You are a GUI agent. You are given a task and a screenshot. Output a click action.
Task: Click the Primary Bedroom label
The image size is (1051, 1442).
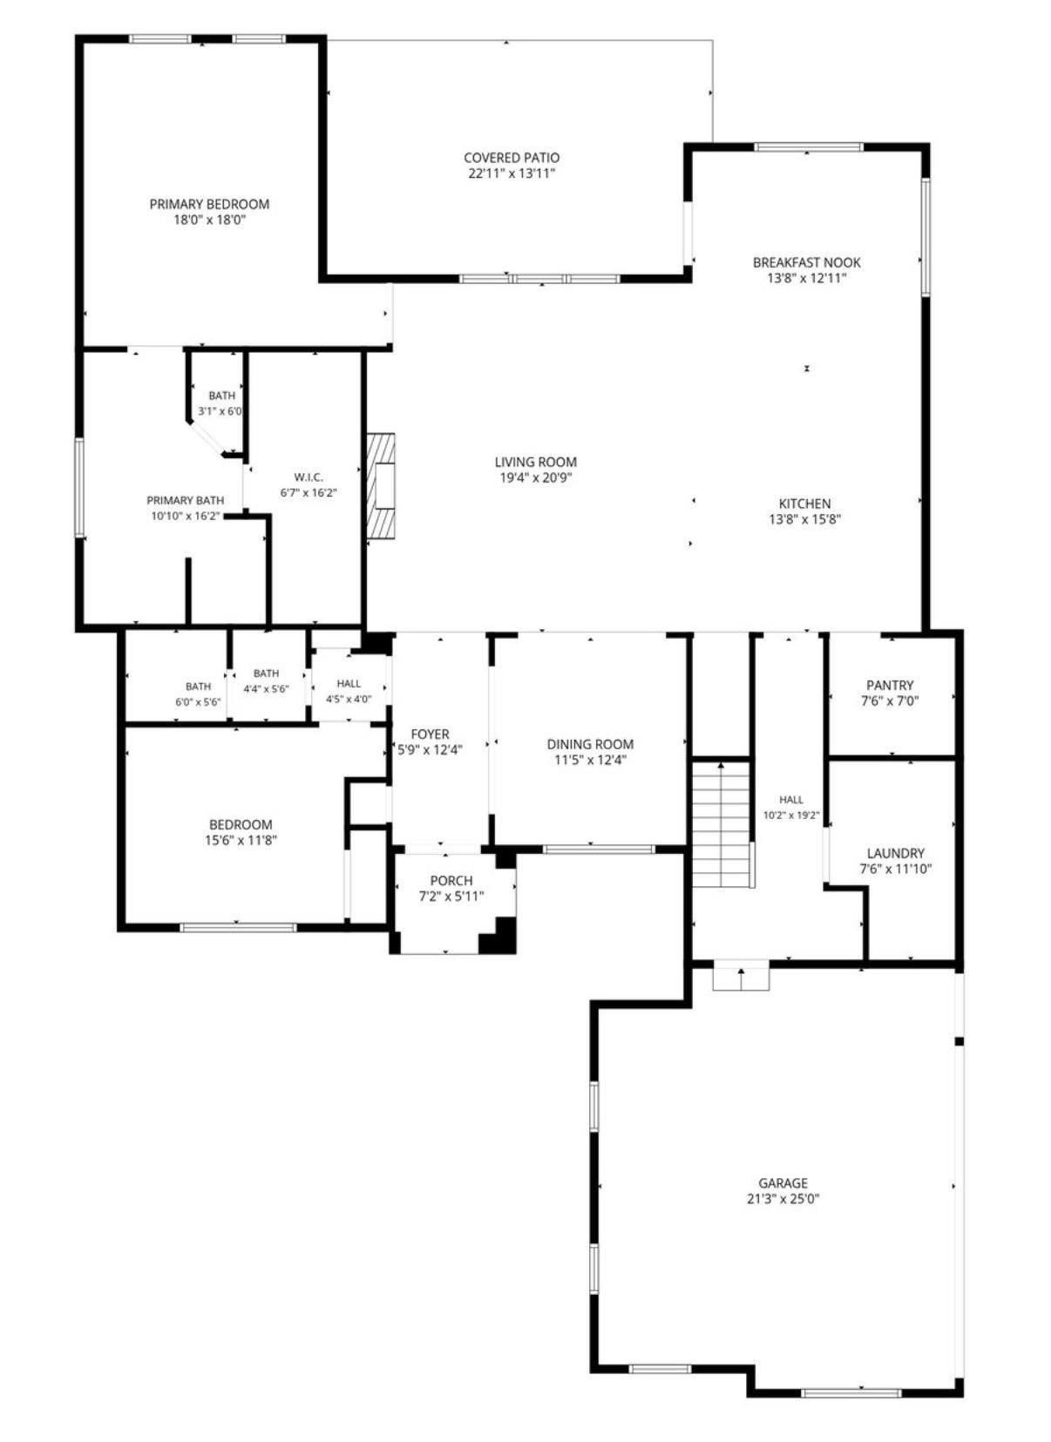tap(209, 204)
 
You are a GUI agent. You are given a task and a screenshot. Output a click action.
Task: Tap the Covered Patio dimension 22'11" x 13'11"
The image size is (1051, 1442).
tap(512, 173)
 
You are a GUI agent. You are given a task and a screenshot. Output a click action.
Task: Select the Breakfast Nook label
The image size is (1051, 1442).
tap(807, 262)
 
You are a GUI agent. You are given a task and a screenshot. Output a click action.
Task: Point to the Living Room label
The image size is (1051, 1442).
tap(536, 462)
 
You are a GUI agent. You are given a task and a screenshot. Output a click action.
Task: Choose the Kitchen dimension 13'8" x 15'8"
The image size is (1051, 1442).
tap(805, 519)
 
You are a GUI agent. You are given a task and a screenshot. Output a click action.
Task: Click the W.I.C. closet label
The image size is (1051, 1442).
tap(309, 477)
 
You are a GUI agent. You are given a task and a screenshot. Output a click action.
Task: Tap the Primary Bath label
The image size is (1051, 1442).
tap(186, 500)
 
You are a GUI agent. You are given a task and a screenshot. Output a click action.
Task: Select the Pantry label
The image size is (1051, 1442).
tap(890, 685)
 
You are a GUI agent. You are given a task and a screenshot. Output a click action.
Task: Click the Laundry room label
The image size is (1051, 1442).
tap(896, 853)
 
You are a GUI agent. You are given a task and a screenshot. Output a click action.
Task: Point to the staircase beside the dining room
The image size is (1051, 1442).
tap(722, 824)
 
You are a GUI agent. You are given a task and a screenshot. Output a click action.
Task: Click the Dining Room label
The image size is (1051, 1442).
tap(591, 744)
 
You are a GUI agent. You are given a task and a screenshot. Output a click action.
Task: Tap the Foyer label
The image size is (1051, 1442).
tap(431, 734)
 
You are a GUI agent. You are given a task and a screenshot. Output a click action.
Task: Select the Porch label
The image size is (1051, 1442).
tap(451, 880)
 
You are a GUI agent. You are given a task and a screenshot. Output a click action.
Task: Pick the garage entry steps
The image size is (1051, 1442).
tap(741, 977)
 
